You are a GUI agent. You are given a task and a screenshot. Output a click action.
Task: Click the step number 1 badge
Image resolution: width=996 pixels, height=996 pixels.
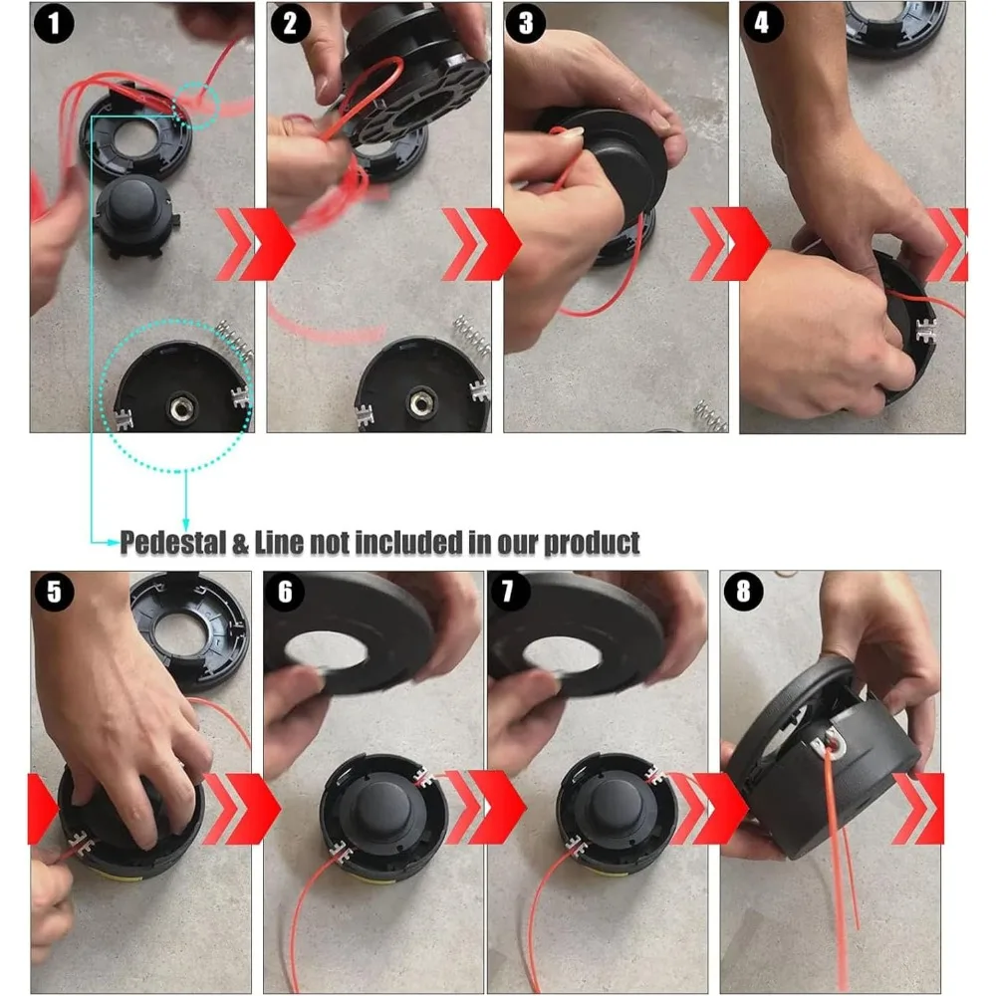coord(54,24)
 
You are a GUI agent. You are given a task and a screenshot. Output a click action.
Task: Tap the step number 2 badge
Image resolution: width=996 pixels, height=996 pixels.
coord(290,24)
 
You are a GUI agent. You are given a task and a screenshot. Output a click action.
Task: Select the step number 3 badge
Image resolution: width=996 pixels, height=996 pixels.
coord(525,24)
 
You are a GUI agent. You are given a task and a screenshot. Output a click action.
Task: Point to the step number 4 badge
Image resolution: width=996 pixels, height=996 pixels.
coord(762,24)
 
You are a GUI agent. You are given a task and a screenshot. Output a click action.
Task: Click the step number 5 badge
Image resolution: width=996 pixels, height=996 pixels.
coord(54,592)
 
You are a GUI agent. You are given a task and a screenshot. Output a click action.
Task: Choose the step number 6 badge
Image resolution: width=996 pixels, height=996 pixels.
coord(285,592)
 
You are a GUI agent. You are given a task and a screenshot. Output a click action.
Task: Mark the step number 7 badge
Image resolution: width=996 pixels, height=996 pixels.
coord(508,592)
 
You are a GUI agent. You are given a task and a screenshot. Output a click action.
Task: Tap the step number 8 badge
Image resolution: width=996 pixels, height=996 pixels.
coord(743,592)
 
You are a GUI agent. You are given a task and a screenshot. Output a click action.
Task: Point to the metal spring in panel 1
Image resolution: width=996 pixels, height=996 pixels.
coord(234,339)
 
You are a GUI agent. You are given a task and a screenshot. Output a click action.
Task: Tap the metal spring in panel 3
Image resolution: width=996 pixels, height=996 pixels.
coord(711,415)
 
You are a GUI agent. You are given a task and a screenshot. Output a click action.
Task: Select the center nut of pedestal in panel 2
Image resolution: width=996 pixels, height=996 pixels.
coord(419,402)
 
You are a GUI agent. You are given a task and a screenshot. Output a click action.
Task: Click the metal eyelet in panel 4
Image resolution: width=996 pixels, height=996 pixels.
coord(926,331)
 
